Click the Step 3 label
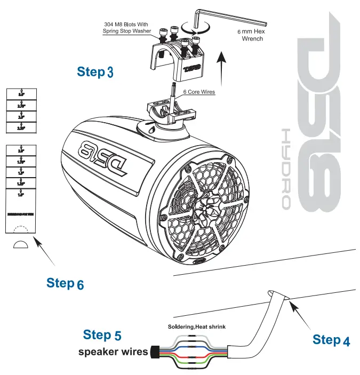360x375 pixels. click(95, 72)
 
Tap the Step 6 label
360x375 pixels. click(65, 283)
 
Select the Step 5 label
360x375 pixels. click(102, 336)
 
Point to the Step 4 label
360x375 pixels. click(331, 340)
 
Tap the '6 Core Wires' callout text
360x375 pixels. click(199, 92)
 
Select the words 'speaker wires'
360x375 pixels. click(113, 352)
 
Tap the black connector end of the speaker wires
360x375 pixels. click(155, 353)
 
